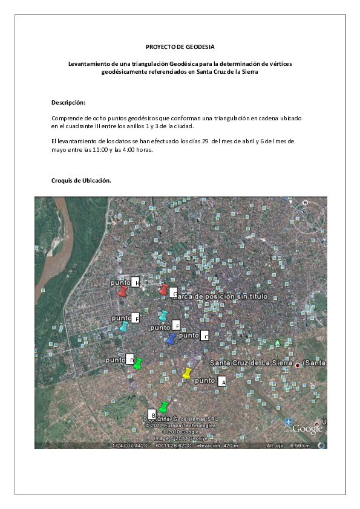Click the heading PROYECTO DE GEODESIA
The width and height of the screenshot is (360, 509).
180,47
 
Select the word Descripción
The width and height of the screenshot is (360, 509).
68,103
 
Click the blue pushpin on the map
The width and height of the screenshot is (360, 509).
171,339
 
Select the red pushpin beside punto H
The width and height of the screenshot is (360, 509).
123,291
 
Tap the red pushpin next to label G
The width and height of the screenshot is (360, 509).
163,290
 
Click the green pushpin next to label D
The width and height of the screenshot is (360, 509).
138,363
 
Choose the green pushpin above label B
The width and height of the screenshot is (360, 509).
163,406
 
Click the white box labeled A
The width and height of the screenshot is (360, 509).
221,381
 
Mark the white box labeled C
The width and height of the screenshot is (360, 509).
205,336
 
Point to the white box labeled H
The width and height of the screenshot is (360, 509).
136,282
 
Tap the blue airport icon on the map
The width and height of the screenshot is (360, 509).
289,421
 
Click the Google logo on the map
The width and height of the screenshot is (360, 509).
307,429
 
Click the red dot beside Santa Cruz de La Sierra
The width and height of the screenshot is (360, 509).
297,365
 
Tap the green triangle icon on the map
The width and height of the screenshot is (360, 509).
277,343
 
